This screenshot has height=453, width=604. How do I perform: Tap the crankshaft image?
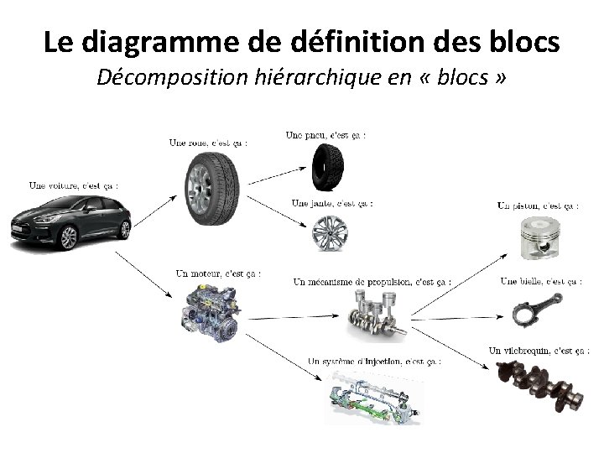point(538,382)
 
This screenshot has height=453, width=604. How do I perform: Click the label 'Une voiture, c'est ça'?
point(73,185)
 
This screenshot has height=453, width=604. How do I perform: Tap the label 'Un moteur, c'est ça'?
point(218,273)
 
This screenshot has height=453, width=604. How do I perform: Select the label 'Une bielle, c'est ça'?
point(541,281)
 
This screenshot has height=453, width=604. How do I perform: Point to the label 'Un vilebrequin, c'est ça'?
point(534,350)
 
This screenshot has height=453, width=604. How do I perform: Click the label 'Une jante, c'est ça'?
point(332,202)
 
